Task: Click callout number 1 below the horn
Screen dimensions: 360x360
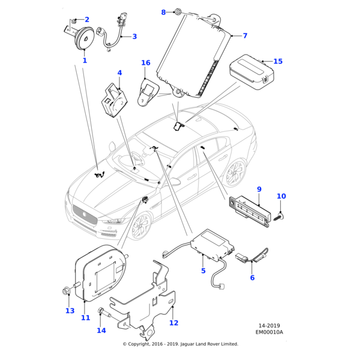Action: coord(85,61)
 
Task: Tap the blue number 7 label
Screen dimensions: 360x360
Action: coord(245,36)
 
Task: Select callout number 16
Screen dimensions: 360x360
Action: coord(146,63)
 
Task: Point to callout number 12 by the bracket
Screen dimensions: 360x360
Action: coord(173,323)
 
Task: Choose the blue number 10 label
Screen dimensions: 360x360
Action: coord(281,196)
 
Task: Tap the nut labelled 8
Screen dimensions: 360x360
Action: coord(179,12)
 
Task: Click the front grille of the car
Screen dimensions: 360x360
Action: coord(84,212)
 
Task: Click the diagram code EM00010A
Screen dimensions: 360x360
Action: coord(269,332)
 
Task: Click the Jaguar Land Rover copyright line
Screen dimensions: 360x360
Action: coord(180,344)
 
